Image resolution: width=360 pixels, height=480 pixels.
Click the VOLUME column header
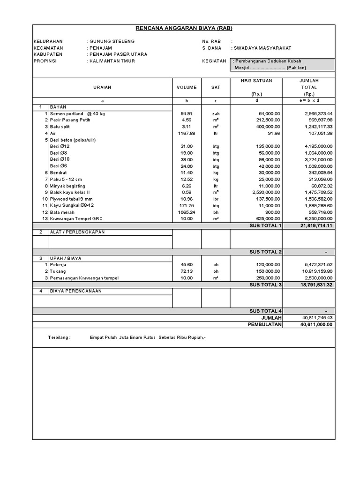187,87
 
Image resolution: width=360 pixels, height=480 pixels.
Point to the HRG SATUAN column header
256,81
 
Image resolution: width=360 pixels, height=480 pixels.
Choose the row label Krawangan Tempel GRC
78,218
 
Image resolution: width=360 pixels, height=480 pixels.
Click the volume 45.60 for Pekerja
187,265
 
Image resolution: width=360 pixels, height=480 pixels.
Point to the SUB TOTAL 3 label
265,285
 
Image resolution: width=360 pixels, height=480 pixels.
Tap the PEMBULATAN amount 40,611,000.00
314,324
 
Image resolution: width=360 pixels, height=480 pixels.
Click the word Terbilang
59,337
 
